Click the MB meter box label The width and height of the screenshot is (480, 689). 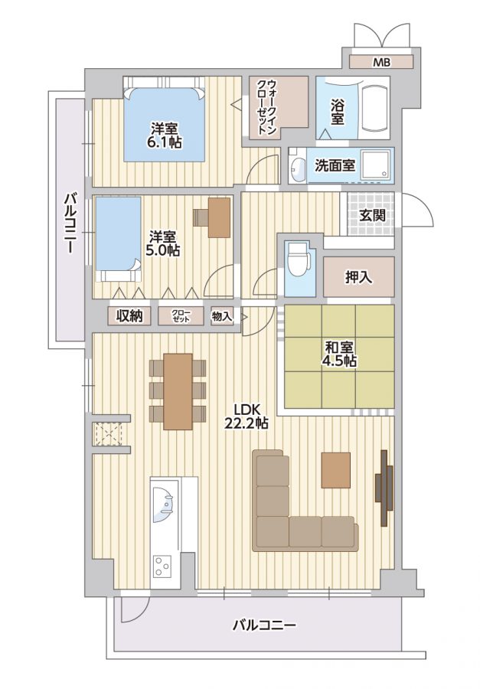click(x=381, y=63)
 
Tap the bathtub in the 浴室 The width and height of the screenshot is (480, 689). click(x=375, y=107)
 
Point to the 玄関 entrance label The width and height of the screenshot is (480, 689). click(x=372, y=215)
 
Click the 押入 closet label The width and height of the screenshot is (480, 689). click(x=359, y=277)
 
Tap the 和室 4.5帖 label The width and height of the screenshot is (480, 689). click(x=340, y=354)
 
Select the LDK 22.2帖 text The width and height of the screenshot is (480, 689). click(x=247, y=416)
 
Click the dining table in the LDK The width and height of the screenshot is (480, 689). click(x=178, y=391)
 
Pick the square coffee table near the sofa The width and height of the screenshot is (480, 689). click(x=336, y=470)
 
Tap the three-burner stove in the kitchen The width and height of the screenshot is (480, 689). click(x=162, y=566)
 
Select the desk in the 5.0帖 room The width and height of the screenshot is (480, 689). click(x=219, y=217)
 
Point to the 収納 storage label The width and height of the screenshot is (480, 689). click(x=129, y=315)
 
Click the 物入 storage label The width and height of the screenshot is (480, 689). click(x=222, y=315)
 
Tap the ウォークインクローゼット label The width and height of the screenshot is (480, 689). click(x=267, y=106)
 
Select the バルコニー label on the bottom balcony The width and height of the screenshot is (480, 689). click(x=264, y=625)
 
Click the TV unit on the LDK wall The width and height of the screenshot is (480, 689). click(x=384, y=488)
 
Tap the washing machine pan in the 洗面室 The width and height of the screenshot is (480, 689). click(x=375, y=165)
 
